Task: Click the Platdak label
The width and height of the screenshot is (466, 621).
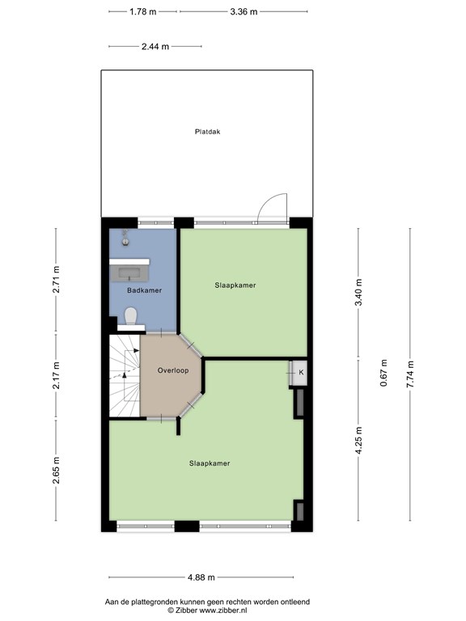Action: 207,132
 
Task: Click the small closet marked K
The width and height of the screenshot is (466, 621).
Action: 301,372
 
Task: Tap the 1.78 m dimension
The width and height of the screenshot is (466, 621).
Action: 142,11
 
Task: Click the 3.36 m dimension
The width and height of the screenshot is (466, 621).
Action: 244,11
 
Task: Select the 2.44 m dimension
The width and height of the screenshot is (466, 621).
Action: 155,46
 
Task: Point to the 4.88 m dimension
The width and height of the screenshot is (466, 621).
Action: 201,577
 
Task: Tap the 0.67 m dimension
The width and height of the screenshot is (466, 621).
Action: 383,374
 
